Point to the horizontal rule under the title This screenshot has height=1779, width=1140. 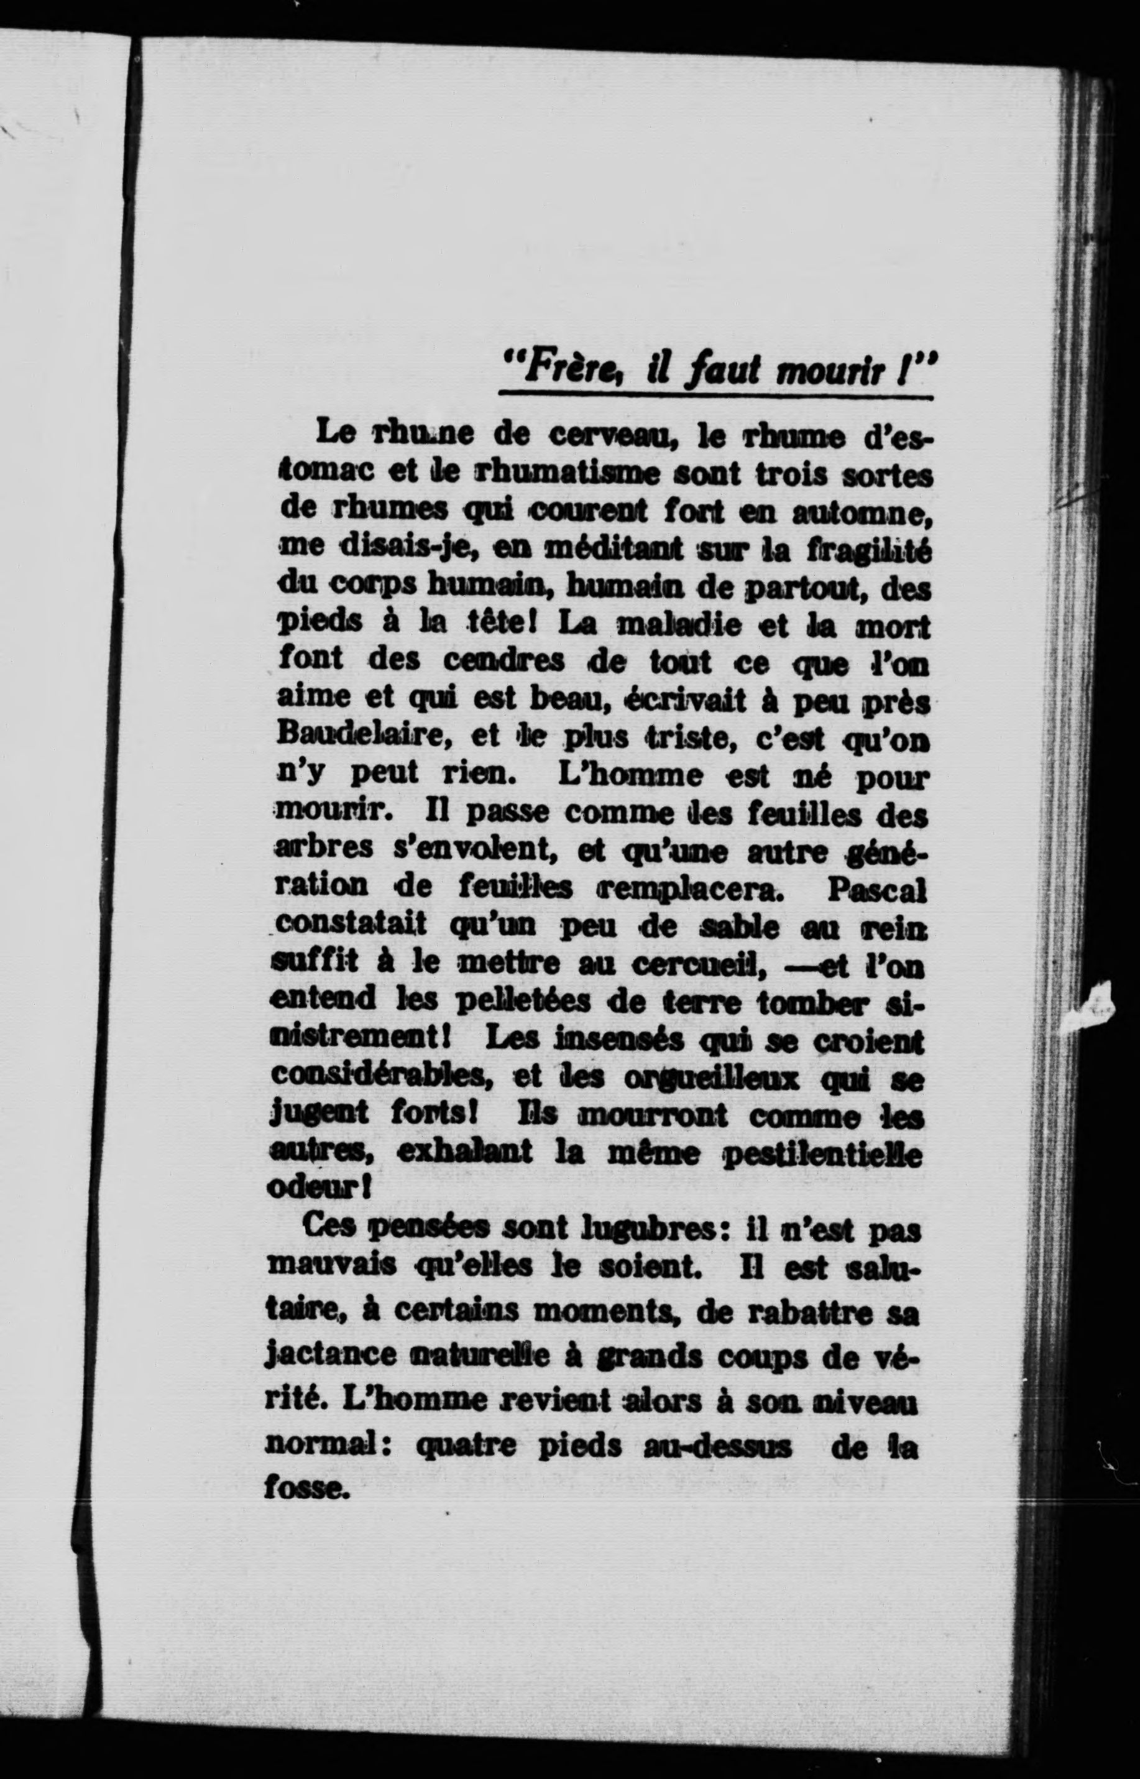(x=714, y=395)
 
